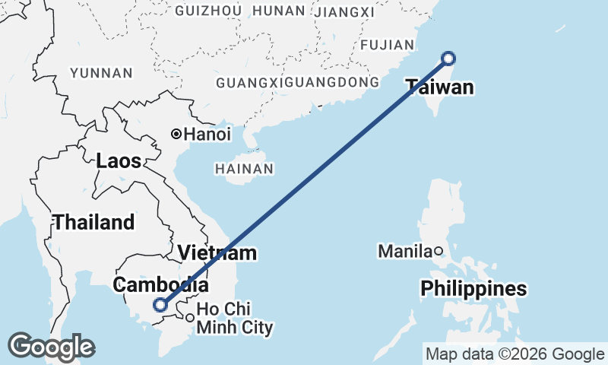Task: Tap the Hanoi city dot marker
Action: [176, 134]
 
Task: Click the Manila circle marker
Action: [439, 250]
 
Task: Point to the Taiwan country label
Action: [439, 87]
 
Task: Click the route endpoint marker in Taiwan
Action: [448, 58]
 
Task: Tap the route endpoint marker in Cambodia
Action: [160, 305]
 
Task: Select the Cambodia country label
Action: [160, 285]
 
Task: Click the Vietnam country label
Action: [217, 252]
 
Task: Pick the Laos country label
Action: [119, 161]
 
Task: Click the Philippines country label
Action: [474, 289]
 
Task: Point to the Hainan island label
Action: [243, 168]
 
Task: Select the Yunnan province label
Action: [101, 73]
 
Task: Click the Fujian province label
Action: [387, 46]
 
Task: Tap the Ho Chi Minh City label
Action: [234, 319]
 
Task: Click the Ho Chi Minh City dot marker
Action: [189, 318]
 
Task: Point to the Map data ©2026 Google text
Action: [515, 354]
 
